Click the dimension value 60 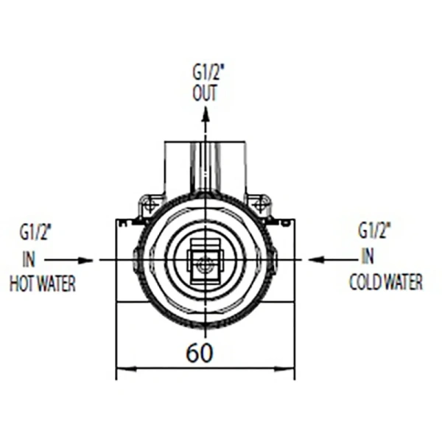200,353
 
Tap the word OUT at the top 205,93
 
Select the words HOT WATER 43,283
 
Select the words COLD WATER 386,282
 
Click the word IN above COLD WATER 368,256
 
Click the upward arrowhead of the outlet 206,114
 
